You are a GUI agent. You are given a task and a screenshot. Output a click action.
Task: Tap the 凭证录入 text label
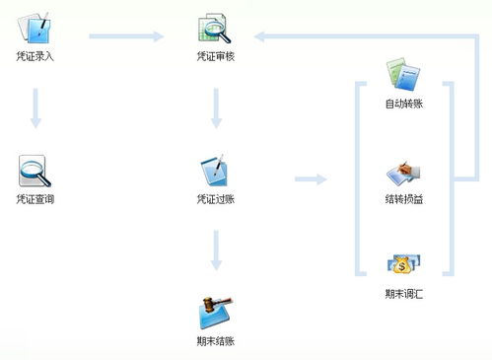(35, 56)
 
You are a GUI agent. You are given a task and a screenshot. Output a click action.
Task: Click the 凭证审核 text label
(216, 56)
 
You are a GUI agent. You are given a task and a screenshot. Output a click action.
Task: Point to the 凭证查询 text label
(35, 199)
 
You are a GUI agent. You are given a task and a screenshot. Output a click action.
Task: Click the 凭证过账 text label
(216, 199)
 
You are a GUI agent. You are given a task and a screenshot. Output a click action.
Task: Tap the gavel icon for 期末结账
(216, 313)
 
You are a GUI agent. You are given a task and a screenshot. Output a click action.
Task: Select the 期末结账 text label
(216, 341)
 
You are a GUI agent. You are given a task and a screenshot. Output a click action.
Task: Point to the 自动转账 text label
(404, 103)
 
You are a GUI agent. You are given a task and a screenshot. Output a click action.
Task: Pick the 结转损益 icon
(404, 173)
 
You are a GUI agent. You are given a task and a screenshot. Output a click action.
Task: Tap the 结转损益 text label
(404, 199)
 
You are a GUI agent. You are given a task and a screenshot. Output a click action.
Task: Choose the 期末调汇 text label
(404, 294)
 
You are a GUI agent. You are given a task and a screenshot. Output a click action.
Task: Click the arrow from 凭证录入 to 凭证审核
(126, 37)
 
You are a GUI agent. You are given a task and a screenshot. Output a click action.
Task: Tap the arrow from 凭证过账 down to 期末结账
(216, 250)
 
